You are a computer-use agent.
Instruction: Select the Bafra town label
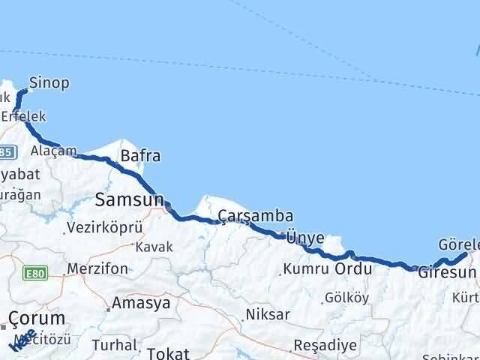tap(140, 157)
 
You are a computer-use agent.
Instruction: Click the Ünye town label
tap(305, 238)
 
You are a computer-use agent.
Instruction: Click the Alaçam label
tap(53, 151)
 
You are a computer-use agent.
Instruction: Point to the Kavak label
tap(153, 247)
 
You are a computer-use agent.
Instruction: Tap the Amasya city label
tap(140, 304)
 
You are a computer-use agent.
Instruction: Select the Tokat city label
tap(169, 353)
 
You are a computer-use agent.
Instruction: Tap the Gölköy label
tap(346, 298)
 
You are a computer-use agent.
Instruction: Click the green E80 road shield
tap(35, 274)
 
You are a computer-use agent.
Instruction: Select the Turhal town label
tap(115, 346)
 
